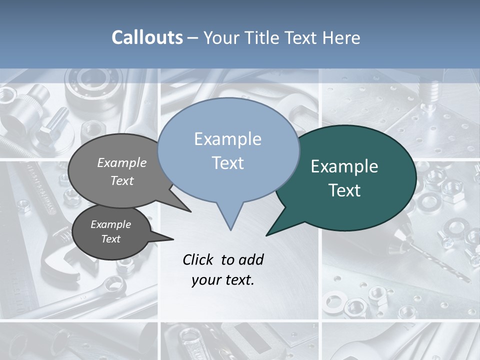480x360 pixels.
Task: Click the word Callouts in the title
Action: coord(147,37)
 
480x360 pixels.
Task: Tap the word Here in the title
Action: coord(342,37)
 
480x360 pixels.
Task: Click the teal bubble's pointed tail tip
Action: coord(267,234)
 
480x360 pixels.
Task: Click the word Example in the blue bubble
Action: coord(227,139)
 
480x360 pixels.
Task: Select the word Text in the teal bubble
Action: coord(344,190)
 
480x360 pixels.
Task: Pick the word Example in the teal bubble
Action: coord(344,166)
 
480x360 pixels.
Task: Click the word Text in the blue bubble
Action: coord(228,163)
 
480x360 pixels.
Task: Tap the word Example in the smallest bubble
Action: coord(110,224)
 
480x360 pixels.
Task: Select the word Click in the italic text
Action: coord(198,259)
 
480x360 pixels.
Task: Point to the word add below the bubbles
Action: coord(250,259)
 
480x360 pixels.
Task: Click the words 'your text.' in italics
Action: coord(223,280)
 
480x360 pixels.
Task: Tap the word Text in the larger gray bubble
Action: coord(121,180)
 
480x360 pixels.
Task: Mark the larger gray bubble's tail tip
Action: coord(190,211)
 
